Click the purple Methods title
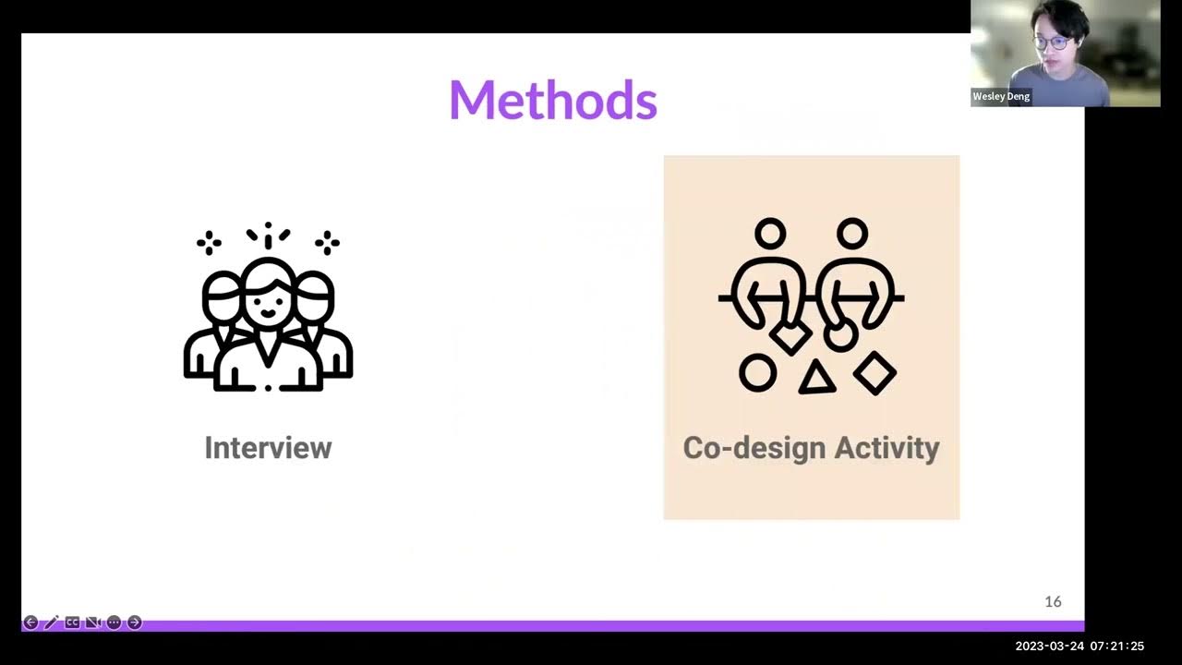(x=552, y=101)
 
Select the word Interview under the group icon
(x=268, y=448)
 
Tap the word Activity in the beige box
(x=886, y=448)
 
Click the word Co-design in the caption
(x=754, y=448)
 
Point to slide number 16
(x=1053, y=602)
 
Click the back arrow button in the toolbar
(x=30, y=623)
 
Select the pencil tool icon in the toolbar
(x=51, y=623)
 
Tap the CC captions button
(x=72, y=623)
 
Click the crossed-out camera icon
(x=92, y=623)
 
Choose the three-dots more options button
(x=114, y=623)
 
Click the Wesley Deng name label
(x=1001, y=96)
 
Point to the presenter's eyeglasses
(x=1051, y=42)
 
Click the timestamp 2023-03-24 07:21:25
(x=1079, y=647)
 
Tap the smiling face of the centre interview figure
(x=268, y=300)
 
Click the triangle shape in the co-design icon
(x=816, y=378)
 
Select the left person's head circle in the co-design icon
(x=769, y=233)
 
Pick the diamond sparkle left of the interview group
(x=209, y=244)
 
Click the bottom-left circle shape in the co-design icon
(x=757, y=373)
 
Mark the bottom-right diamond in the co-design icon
(x=874, y=373)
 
